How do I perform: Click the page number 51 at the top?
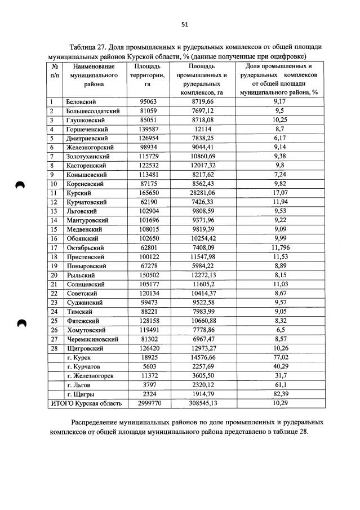[x=184, y=24]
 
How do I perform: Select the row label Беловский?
[x=81, y=101]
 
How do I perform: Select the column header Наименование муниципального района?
[x=93, y=74]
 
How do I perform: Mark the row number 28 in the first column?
[x=55, y=348]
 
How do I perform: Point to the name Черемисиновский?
[x=92, y=339]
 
